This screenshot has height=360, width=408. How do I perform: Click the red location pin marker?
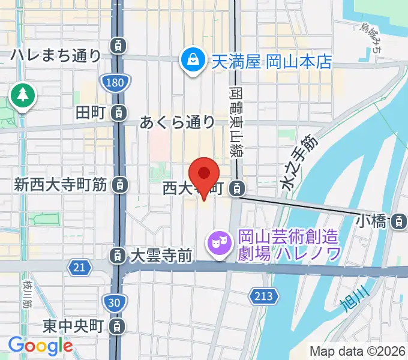(205, 175)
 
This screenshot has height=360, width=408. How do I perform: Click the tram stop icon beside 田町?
(120, 112)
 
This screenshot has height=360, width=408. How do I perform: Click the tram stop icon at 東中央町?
(119, 326)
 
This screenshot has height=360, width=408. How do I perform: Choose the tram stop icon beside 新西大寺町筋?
(120, 185)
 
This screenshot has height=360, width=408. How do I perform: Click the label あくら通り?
(177, 122)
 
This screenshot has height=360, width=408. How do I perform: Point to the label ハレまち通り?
(56, 56)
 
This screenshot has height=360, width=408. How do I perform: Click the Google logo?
(40, 346)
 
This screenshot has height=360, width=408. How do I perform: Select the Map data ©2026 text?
(357, 351)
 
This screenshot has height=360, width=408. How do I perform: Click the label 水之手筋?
(298, 165)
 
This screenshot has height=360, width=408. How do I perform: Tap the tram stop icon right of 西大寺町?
(238, 188)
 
